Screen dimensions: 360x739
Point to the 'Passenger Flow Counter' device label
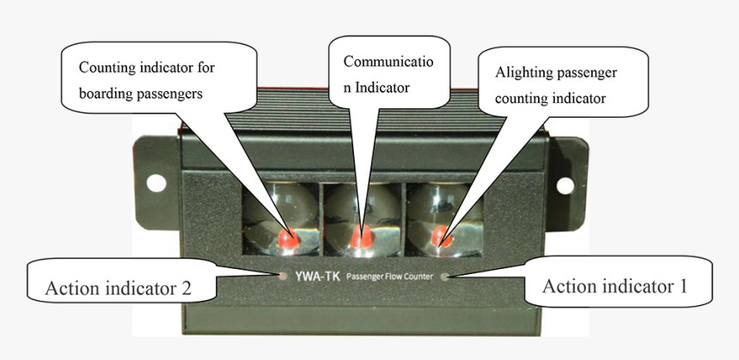pyautogui.click(x=388, y=277)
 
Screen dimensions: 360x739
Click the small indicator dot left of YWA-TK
pyautogui.click(x=284, y=277)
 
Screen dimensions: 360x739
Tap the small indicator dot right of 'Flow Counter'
pyautogui.click(x=443, y=277)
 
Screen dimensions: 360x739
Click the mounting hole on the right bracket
pyautogui.click(x=565, y=185)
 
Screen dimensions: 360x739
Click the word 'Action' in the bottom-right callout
pyautogui.click(x=571, y=286)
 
